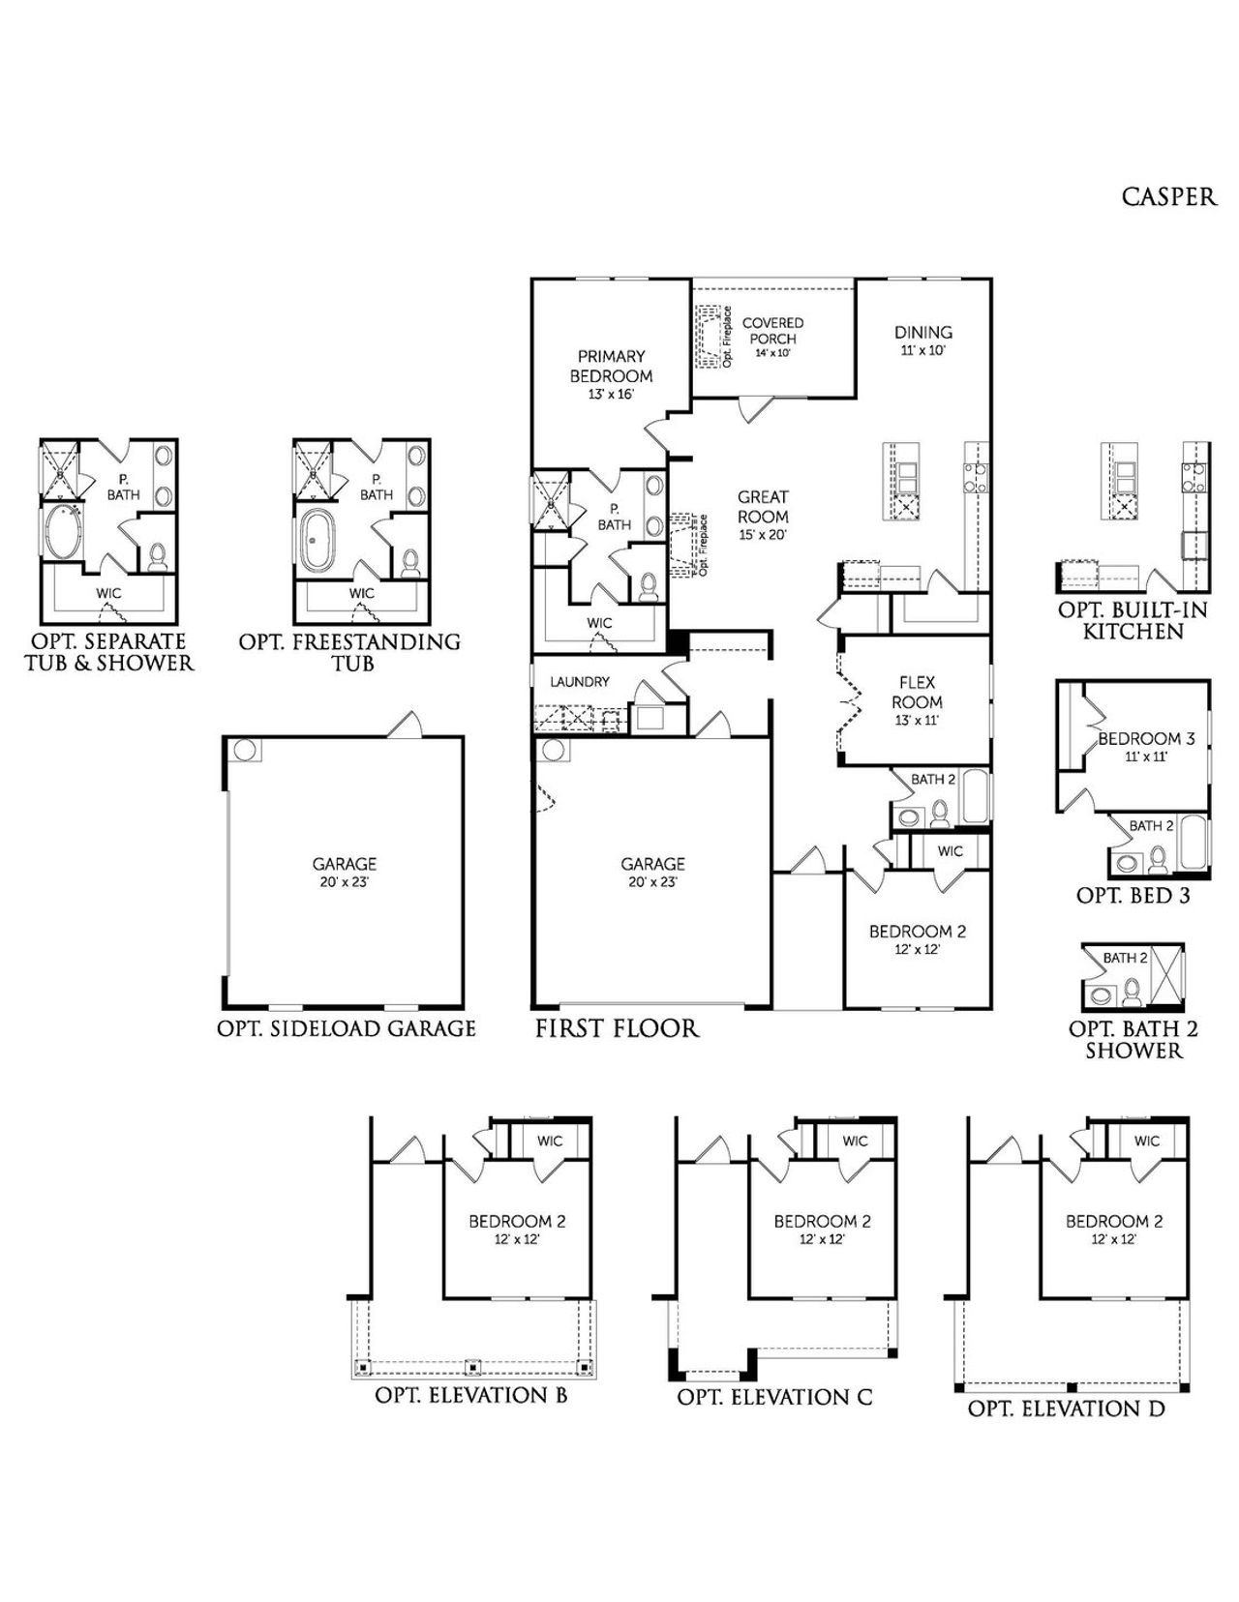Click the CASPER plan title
tap(1168, 196)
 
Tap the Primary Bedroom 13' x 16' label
tap(611, 374)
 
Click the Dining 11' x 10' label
tap(922, 340)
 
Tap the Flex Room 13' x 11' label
tap(917, 700)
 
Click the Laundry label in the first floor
tap(580, 682)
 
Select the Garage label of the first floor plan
tap(652, 872)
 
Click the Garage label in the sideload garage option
tap(344, 872)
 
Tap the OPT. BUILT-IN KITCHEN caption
tap(1133, 621)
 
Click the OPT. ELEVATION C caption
tap(774, 1397)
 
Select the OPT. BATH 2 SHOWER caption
tap(1133, 1040)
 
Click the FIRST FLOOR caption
tap(617, 1027)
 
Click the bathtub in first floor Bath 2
tap(975, 796)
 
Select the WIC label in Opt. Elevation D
tap(1146, 1142)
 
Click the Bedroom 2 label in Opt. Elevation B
tap(517, 1229)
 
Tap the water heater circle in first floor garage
tap(552, 750)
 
